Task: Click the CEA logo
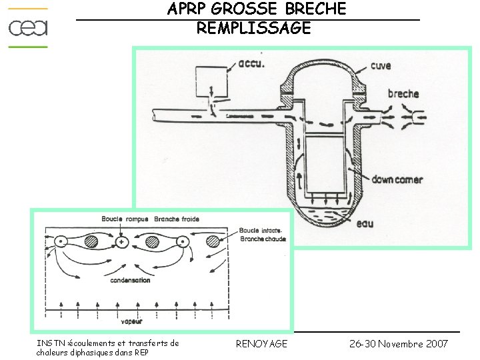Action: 28,27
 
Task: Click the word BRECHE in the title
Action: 315,9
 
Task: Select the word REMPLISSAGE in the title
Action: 254,28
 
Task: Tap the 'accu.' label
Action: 251,65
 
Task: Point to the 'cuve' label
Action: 381,66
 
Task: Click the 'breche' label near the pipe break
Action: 403,94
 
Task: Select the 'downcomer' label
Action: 397,180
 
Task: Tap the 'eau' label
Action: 365,223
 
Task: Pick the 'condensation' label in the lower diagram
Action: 130,281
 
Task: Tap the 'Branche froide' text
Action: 177,219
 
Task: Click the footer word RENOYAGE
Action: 262,343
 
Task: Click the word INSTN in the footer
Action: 50,343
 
